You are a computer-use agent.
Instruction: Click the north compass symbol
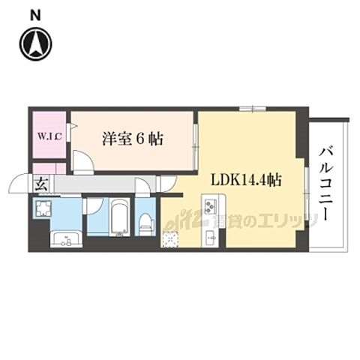click(x=35, y=43)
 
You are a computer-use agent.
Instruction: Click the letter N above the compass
click(x=35, y=14)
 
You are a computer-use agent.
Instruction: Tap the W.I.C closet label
click(x=49, y=137)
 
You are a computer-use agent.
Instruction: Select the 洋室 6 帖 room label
click(x=133, y=138)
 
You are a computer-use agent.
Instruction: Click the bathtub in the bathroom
click(x=119, y=217)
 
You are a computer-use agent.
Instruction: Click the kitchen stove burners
click(x=211, y=203)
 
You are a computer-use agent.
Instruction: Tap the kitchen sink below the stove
click(x=211, y=238)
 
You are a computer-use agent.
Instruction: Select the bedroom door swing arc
click(x=82, y=164)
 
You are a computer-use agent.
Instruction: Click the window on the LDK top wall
click(x=252, y=109)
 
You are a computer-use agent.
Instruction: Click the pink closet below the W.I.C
click(x=49, y=168)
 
